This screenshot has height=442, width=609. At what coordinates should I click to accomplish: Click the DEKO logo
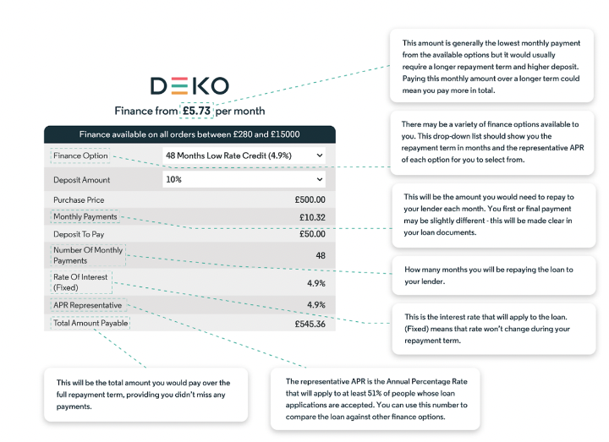pyautogui.click(x=189, y=85)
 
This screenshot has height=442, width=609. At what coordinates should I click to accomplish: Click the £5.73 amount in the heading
pyautogui.click(x=197, y=111)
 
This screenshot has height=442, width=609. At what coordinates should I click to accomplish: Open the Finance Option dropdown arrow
pyautogui.click(x=319, y=156)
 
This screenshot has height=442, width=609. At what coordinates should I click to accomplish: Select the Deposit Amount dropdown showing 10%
pyautogui.click(x=244, y=180)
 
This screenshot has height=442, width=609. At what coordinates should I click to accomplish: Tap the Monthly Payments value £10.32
pyautogui.click(x=312, y=217)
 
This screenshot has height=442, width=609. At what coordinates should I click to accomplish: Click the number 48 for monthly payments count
pyautogui.click(x=320, y=255)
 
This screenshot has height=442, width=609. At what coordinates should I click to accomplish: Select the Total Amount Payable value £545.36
pyautogui.click(x=310, y=324)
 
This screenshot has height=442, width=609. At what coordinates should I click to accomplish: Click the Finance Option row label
pyautogui.click(x=80, y=156)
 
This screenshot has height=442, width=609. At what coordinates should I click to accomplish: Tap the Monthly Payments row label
pyautogui.click(x=85, y=217)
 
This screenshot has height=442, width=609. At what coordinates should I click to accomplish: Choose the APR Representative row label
pyautogui.click(x=87, y=305)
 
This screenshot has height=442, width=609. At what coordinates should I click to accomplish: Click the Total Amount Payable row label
pyautogui.click(x=91, y=323)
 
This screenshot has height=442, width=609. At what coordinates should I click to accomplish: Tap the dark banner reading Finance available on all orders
pyautogui.click(x=189, y=134)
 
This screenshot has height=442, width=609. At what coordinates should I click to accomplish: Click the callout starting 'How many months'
pyautogui.click(x=490, y=275)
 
